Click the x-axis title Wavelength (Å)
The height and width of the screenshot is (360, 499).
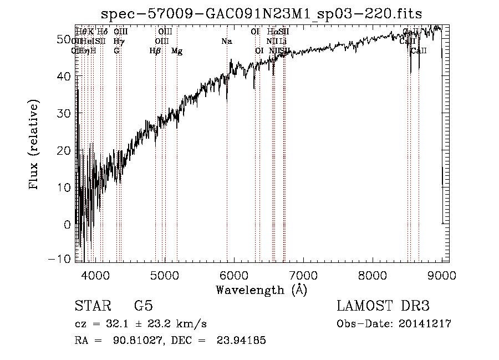261,290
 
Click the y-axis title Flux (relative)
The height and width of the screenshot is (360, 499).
35,145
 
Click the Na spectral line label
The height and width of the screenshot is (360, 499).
226,42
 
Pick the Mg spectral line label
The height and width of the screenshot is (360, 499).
177,51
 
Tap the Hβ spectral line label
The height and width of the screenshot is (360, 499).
155,51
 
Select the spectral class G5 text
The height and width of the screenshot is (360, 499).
143,306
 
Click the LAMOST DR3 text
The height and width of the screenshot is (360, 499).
383,306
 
